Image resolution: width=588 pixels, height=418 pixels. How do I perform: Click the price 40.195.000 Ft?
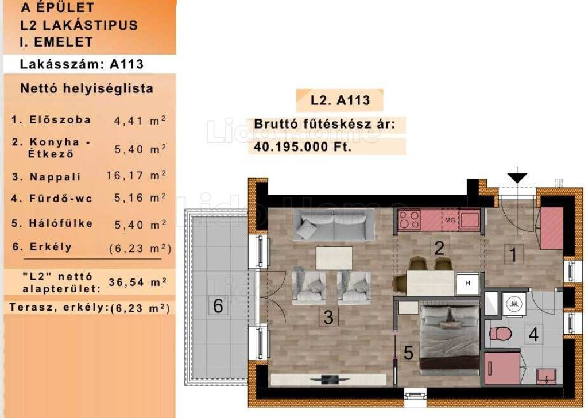303,146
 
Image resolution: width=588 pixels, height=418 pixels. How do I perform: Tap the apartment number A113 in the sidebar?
127,64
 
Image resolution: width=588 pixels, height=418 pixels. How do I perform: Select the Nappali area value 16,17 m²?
136,176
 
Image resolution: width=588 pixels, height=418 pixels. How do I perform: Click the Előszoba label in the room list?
60,119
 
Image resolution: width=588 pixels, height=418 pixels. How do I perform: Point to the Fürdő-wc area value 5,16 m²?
140,198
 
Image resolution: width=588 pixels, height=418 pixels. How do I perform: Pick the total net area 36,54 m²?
138,282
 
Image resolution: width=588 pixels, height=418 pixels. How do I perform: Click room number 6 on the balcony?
218,305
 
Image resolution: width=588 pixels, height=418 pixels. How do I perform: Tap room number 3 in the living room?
328,317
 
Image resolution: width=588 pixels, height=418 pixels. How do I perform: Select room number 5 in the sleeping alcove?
408,353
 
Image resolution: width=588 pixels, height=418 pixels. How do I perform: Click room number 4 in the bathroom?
533,334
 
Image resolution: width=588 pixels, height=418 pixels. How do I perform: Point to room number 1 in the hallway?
513,254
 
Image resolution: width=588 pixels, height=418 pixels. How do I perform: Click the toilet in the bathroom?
501,333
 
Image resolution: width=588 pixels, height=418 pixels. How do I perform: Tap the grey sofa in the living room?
334,224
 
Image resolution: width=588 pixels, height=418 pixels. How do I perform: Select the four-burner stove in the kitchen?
409,220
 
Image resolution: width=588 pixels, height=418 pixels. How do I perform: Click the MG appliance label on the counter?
450,220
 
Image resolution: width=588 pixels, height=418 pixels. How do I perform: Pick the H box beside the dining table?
467,283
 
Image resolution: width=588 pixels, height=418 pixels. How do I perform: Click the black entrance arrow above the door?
517,177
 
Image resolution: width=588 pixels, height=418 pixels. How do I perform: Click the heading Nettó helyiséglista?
87,88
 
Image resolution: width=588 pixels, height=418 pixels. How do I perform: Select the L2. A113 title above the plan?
340,100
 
